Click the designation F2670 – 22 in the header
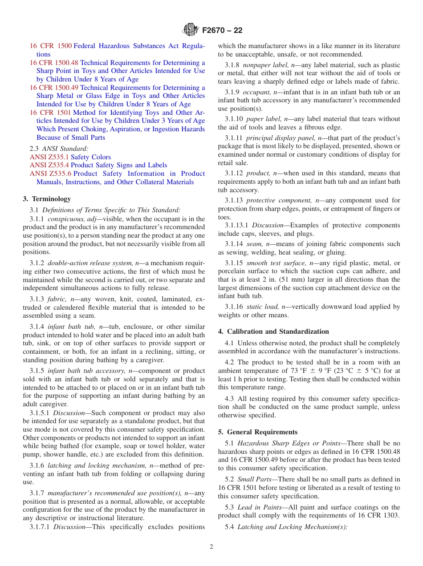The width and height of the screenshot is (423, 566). click(x=222, y=31)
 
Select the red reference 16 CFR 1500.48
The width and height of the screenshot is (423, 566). click(x=54, y=63)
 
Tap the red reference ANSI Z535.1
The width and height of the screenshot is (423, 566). click(x=49, y=157)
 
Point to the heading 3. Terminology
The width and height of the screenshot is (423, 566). click(x=47, y=199)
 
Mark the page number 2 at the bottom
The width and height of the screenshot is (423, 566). click(x=211, y=547)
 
